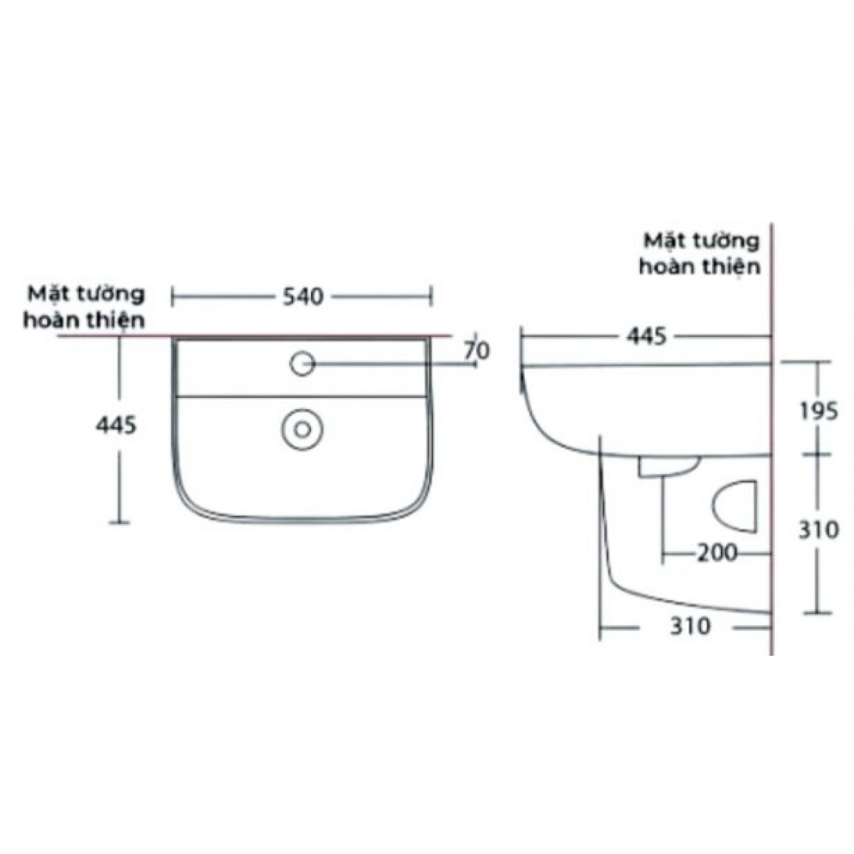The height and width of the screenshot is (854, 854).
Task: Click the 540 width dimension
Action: click(302, 296)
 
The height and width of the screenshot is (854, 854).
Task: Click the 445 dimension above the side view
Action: click(646, 336)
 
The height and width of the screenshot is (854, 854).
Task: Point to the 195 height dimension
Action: click(820, 410)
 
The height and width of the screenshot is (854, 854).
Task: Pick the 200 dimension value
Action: click(717, 553)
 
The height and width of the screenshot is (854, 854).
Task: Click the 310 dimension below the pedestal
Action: click(689, 626)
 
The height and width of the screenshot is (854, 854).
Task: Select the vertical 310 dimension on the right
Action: click(820, 530)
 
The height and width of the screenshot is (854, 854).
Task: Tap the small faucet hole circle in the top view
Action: click(302, 362)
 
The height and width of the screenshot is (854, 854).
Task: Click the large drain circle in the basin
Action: click(302, 429)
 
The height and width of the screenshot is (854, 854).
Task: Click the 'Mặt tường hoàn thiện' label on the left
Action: click(85, 307)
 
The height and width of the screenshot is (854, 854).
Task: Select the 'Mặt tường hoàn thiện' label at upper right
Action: click(700, 252)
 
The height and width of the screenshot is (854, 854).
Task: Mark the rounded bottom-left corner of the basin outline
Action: click(185, 501)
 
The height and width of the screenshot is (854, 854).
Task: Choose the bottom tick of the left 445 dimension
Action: click(119, 521)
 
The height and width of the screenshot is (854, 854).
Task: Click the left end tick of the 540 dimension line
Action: click(173, 296)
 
